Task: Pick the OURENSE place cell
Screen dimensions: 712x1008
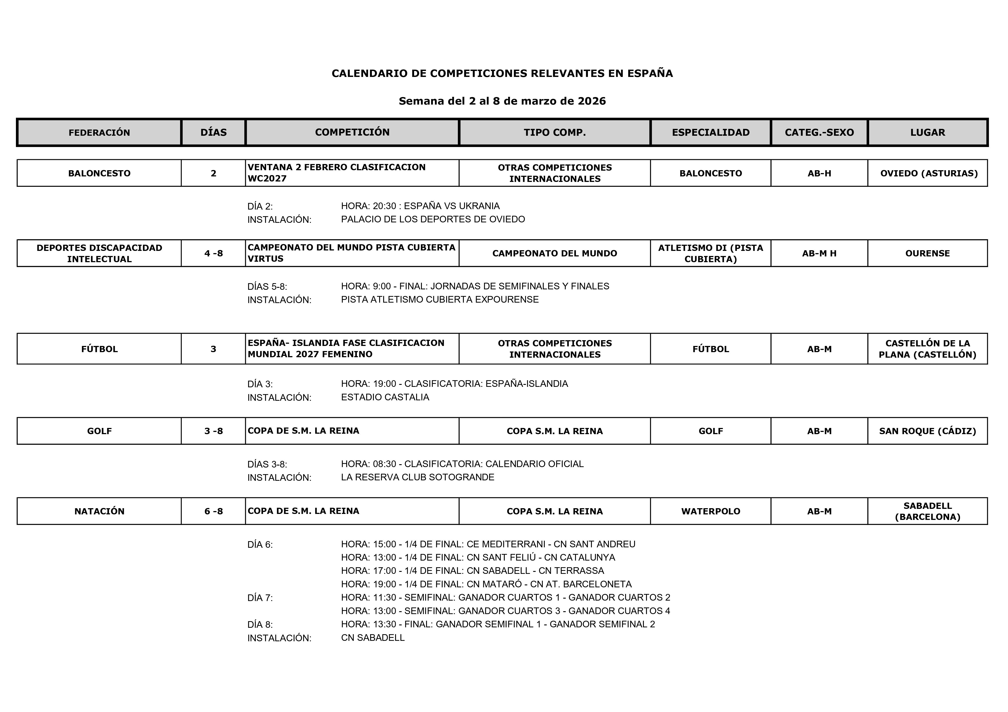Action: point(927,253)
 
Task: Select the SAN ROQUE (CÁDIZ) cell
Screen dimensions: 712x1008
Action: point(927,431)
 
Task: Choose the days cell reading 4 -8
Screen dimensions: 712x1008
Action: point(213,253)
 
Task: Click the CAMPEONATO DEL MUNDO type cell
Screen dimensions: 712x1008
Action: point(555,253)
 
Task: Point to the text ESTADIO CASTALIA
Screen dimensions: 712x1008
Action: point(385,397)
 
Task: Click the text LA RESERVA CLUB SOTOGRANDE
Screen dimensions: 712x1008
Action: point(417,477)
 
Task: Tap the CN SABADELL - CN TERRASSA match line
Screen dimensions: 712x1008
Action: point(472,571)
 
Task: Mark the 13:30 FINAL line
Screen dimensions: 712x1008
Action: point(498,624)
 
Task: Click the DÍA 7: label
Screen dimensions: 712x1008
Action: point(260,598)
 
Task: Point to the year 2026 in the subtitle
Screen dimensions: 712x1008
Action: point(591,101)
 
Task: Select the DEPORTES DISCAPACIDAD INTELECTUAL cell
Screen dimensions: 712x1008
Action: point(99,253)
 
